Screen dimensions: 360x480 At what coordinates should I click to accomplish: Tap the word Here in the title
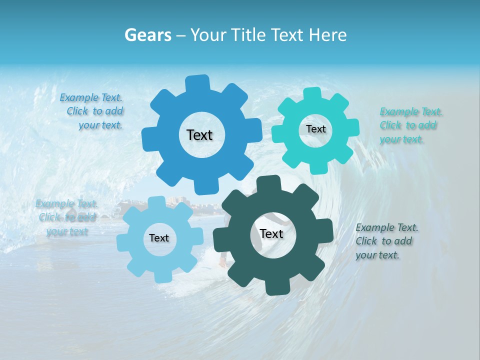[327, 35]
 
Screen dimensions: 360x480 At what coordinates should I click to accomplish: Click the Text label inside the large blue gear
[199, 135]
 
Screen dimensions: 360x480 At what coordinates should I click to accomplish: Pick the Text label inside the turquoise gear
[315, 129]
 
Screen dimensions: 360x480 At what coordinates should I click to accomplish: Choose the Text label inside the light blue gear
[159, 238]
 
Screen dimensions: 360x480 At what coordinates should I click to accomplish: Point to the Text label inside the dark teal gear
[271, 234]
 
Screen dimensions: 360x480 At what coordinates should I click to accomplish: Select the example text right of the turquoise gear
[410, 125]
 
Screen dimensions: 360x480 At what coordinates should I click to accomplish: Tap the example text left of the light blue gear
[66, 217]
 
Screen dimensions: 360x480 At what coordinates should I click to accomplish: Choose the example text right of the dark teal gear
[386, 241]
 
